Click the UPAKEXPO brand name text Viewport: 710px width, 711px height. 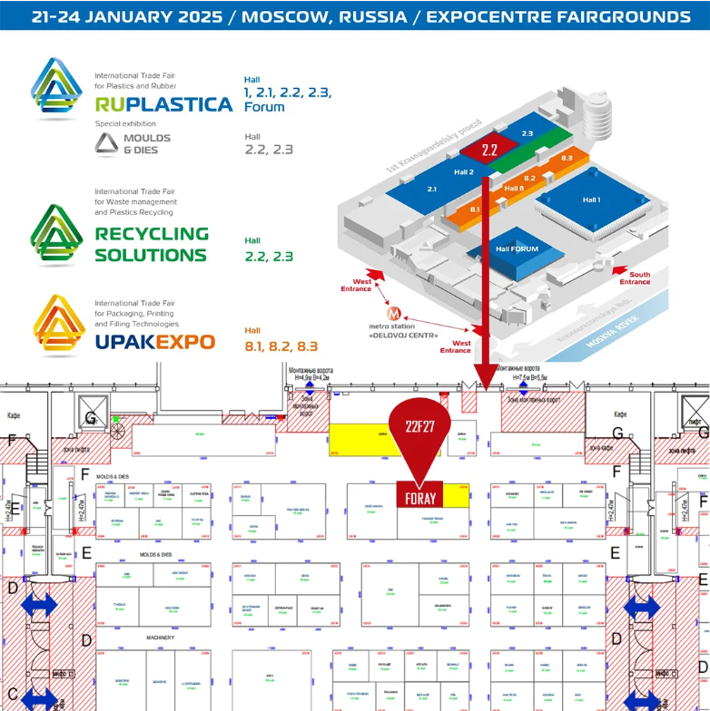tap(154, 342)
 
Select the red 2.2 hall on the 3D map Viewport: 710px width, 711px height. tap(490, 150)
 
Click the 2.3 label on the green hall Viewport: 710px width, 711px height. tap(528, 133)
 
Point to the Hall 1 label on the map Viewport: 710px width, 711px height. tap(591, 200)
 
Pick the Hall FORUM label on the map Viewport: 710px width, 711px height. tap(517, 248)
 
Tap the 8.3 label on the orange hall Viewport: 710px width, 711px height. tap(567, 158)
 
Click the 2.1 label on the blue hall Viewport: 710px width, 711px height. tap(431, 189)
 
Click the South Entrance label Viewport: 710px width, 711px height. tap(635, 278)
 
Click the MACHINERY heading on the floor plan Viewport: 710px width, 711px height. tap(160, 638)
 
